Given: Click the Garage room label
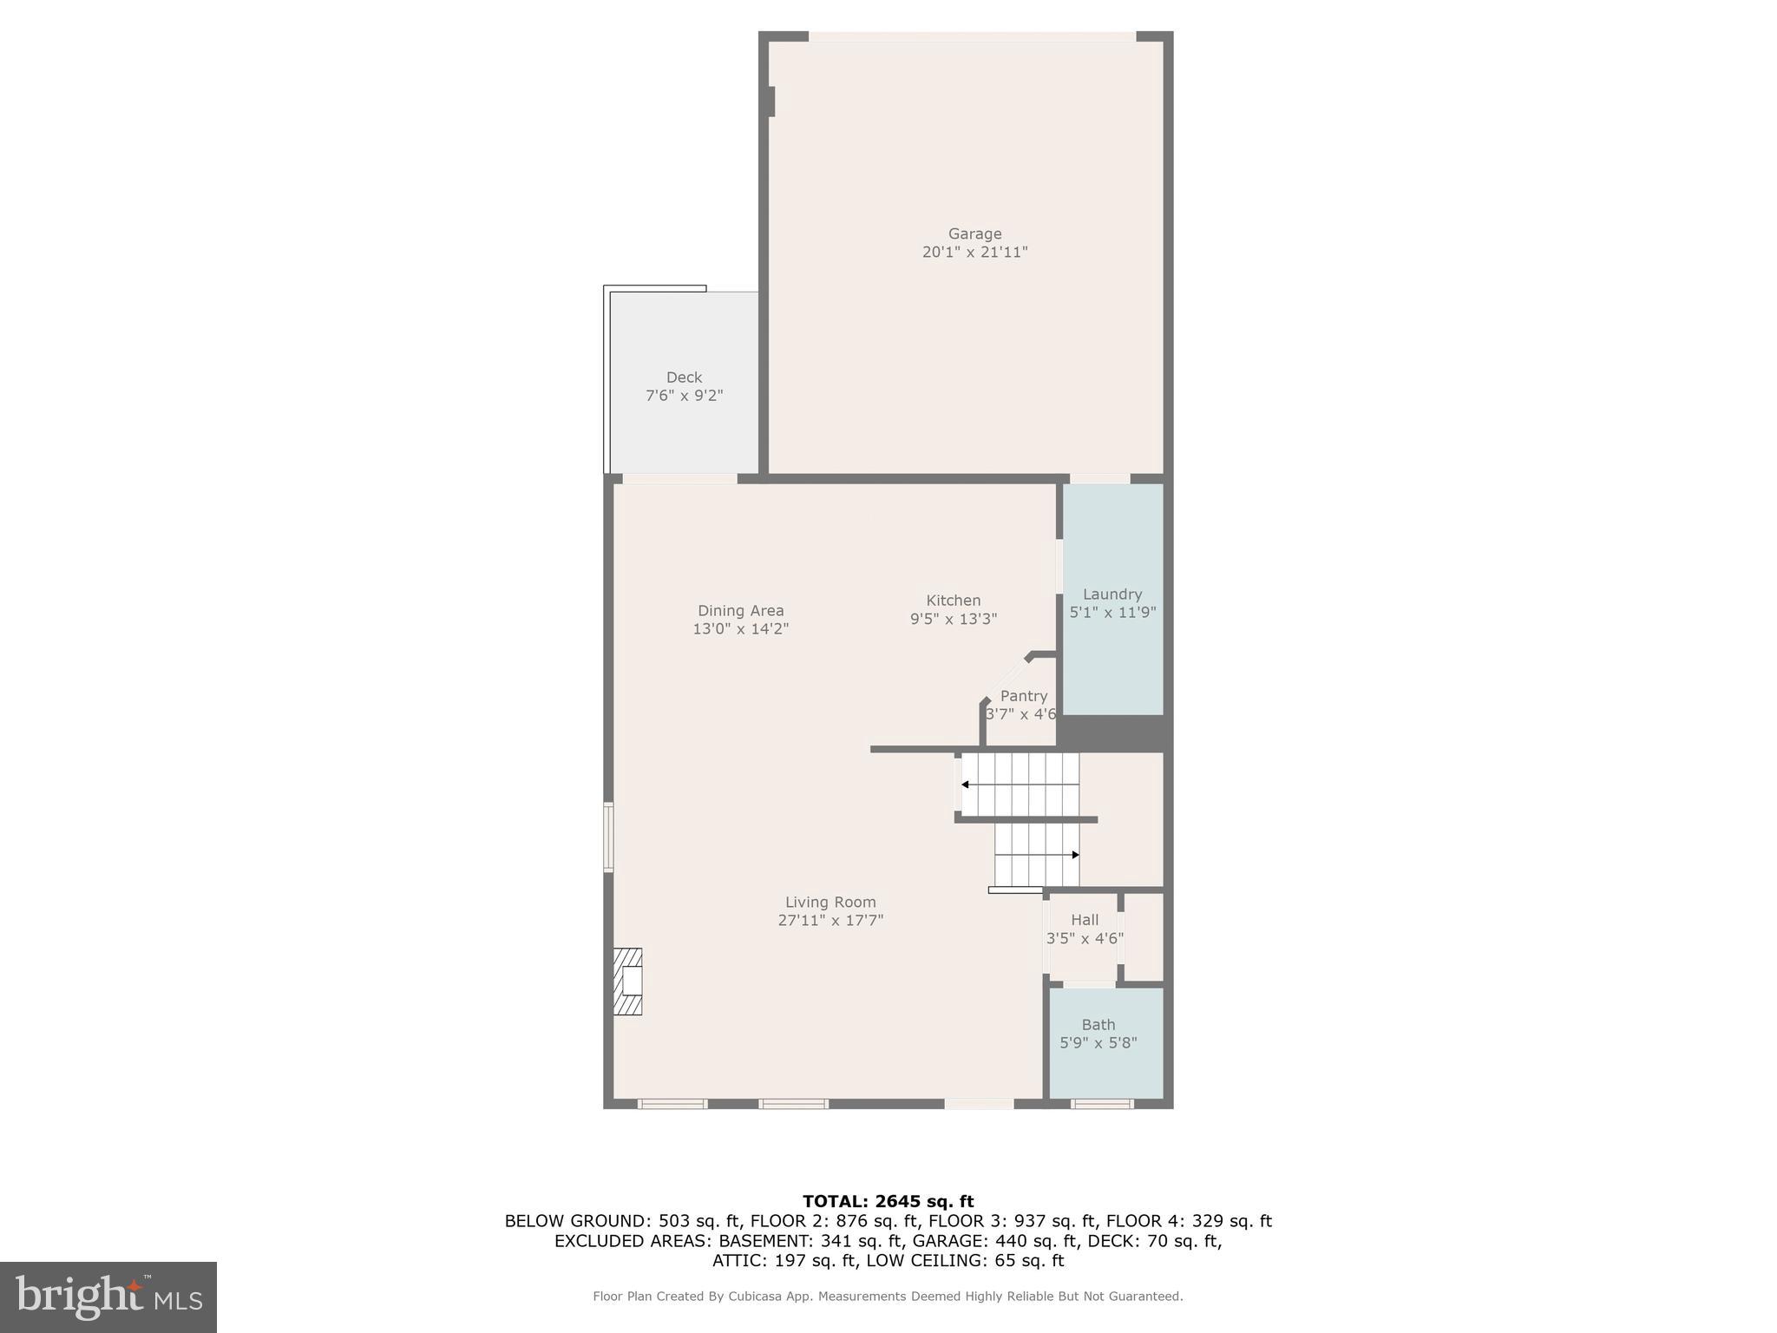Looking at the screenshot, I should (974, 233).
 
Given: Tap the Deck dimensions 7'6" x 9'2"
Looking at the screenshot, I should (684, 396).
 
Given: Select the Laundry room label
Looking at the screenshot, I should (1111, 594).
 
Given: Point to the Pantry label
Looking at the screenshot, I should (1024, 696).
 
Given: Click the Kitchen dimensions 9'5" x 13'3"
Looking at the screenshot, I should (953, 619).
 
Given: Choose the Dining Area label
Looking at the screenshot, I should (740, 610).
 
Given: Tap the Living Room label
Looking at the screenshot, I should (830, 902).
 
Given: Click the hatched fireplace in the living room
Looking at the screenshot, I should (628, 982).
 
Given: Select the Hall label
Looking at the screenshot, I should (1085, 920).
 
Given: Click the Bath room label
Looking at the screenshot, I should (1098, 1025).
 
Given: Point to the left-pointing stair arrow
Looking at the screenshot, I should (966, 785).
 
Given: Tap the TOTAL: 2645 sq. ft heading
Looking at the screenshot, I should (888, 1201).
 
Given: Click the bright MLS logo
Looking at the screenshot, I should (108, 1297).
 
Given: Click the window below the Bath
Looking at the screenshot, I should (1101, 1104).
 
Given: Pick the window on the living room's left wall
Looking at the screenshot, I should (609, 837).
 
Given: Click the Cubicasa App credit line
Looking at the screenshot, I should (888, 1297).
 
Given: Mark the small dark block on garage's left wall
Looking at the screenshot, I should (770, 102).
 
